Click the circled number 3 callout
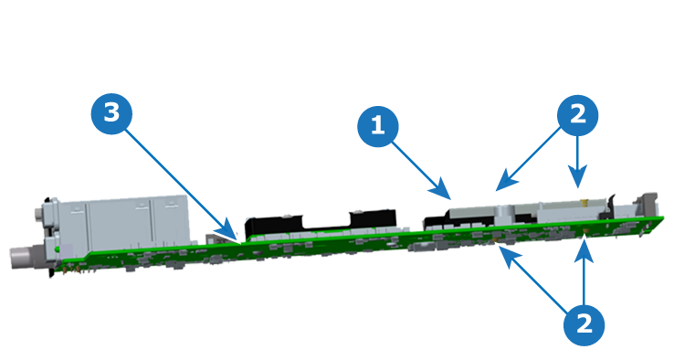pos(111,113)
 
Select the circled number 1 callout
pos(378,126)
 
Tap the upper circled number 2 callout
pos(577,115)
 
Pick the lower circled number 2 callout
pos(584,324)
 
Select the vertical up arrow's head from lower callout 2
pos(584,251)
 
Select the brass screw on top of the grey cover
pos(584,201)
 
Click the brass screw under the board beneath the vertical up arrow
pos(585,234)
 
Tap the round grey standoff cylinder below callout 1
pos(503,214)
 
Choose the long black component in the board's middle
pos(321,222)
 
